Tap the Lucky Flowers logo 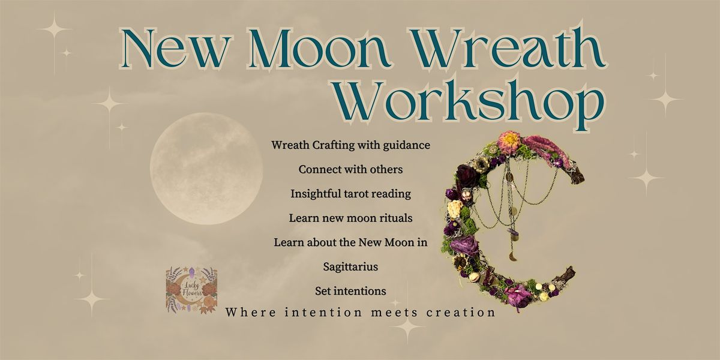(191, 290)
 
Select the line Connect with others (350, 170)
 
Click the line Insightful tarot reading (350, 194)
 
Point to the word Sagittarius (350, 266)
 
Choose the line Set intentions (350, 291)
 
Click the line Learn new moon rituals (350, 218)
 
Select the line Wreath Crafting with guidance (350, 145)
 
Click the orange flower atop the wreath (511, 142)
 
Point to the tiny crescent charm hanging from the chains (512, 257)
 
